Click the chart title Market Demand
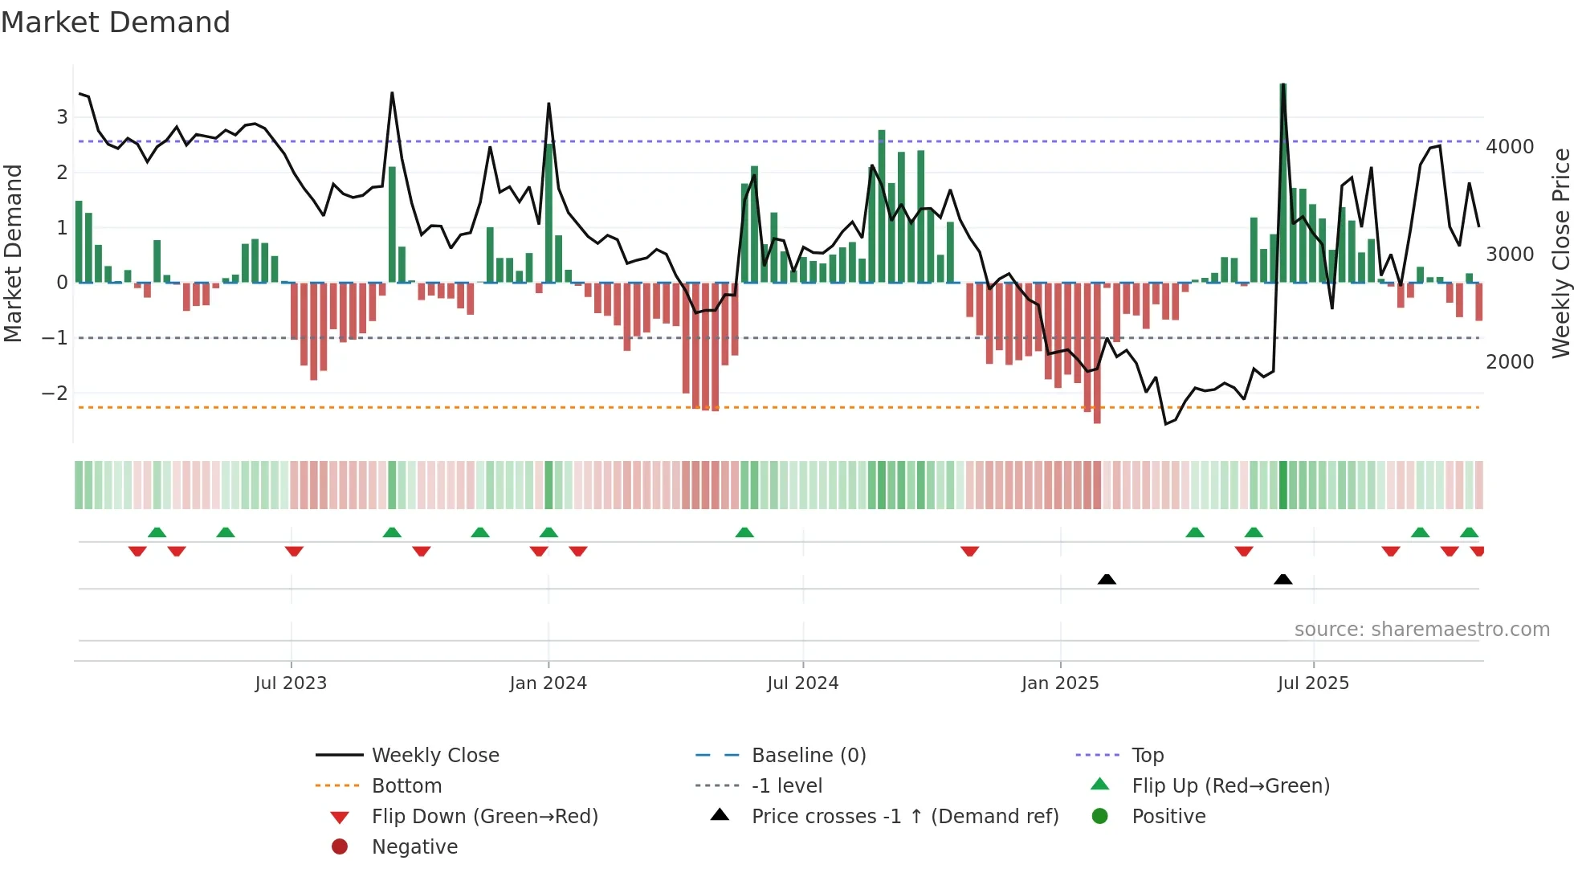(116, 22)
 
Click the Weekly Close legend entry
(434, 755)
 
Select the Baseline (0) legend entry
(808, 755)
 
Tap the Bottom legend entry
(406, 785)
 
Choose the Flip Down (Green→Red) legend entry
(484, 816)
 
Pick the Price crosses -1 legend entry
(904, 816)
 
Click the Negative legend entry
(414, 846)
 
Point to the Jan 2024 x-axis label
(548, 683)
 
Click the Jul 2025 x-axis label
(1313, 683)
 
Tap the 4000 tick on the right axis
(1509, 147)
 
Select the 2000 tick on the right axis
(1509, 361)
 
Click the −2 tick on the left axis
(55, 393)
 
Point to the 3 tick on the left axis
(62, 116)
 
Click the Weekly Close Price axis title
(1560, 253)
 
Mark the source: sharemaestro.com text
(1421, 629)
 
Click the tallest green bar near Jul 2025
(1283, 185)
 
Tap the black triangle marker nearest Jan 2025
(1107, 579)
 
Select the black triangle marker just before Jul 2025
(1283, 579)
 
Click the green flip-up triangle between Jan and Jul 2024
(744, 532)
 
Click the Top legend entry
(1147, 755)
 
